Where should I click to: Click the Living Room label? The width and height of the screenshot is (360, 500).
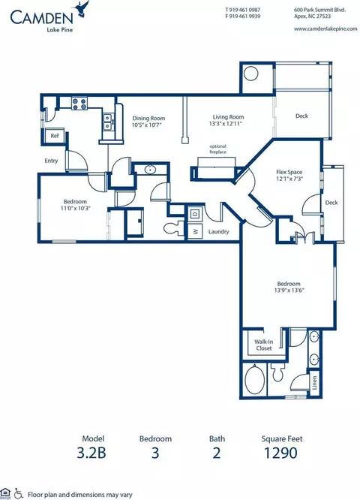coord(227,117)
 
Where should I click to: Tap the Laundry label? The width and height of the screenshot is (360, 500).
coord(218,232)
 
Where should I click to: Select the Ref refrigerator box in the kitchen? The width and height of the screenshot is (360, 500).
coord(55,137)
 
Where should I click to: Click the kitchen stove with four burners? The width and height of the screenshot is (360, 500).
coord(79,103)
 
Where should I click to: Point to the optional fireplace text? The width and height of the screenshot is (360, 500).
coord(217,149)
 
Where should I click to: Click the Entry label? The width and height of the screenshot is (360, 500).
coord(51,160)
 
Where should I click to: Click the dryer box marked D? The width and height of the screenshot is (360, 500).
coord(194,214)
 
